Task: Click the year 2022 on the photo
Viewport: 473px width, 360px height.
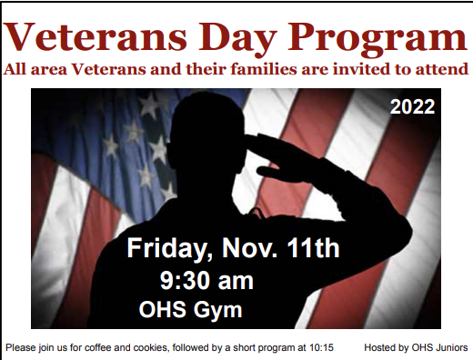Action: coord(412,107)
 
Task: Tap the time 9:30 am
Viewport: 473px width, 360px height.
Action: coord(206,279)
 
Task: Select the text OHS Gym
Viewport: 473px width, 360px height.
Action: coord(190,309)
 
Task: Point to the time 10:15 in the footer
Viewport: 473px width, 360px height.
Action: coord(321,347)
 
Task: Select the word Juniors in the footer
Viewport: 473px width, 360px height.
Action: coord(450,347)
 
